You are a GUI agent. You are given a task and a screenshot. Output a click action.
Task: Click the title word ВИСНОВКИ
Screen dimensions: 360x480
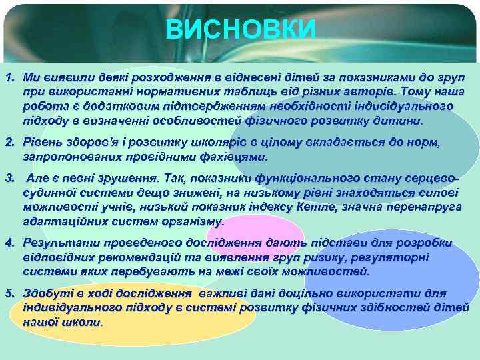(240, 29)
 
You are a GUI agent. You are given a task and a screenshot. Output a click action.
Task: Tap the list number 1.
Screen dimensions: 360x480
(9, 79)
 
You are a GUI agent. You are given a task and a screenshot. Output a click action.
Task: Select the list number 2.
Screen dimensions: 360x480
(9, 143)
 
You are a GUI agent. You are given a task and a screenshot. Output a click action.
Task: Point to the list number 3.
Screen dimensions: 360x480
(9, 179)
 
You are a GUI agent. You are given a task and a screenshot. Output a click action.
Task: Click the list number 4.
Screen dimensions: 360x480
(9, 243)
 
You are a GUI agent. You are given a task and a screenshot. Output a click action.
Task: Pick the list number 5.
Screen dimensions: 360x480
(9, 293)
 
